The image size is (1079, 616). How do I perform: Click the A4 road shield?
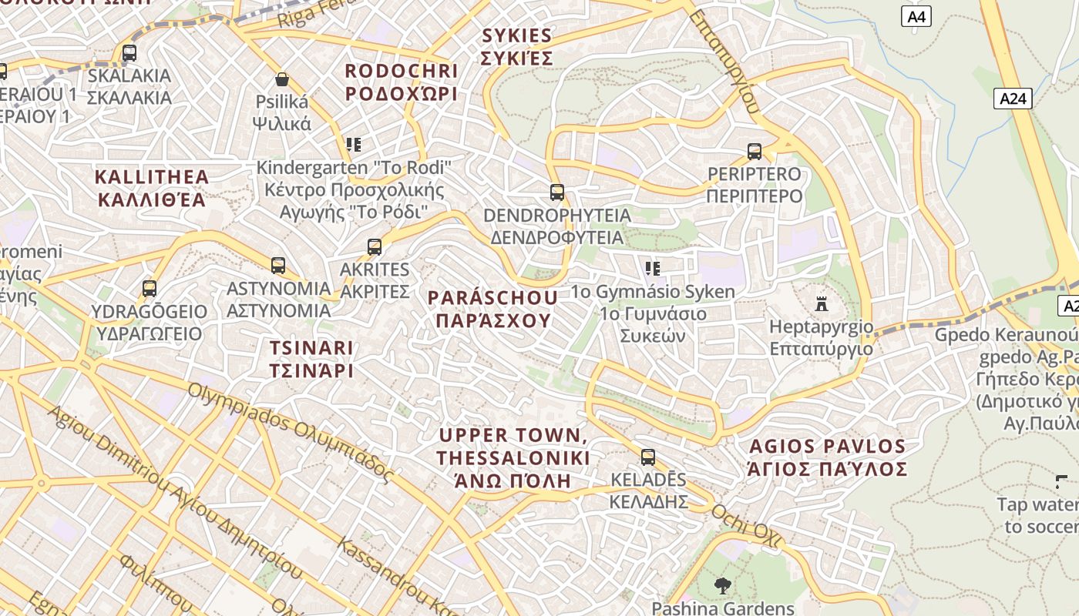(x=916, y=16)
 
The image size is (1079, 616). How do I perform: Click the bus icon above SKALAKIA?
(x=129, y=53)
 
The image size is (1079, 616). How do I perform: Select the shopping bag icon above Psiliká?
(x=282, y=79)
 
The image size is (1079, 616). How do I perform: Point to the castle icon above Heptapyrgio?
(x=822, y=304)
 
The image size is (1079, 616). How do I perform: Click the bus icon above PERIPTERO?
(x=755, y=152)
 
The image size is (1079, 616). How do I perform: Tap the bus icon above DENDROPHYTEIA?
(x=556, y=192)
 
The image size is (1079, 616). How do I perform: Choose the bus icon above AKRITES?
(x=375, y=247)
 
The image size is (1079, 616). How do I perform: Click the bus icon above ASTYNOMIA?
(x=278, y=266)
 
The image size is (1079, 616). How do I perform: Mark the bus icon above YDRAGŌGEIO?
(x=150, y=289)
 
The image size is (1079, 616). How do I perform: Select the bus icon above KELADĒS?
(x=648, y=457)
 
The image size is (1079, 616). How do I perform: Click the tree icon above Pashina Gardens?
(x=722, y=586)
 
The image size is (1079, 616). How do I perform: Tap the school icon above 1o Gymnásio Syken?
(x=653, y=269)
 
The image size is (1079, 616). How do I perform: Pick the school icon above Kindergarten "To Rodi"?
(x=354, y=144)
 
